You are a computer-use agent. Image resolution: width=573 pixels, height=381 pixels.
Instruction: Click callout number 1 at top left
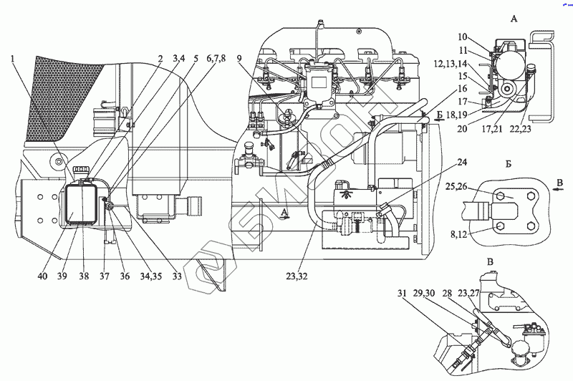coord(14,59)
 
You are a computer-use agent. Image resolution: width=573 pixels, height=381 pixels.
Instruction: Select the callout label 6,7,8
coord(216,59)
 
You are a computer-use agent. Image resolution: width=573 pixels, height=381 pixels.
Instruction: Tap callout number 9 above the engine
coord(239,59)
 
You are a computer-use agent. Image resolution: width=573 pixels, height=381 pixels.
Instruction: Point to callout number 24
coord(462,161)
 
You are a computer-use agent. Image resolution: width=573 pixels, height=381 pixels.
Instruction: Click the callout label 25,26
coord(456,186)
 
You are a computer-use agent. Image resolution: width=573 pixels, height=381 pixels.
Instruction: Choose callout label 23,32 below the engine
coord(297,276)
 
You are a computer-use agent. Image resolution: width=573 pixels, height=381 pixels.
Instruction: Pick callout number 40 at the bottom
coord(42,276)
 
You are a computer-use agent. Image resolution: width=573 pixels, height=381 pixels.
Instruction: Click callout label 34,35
coord(150,276)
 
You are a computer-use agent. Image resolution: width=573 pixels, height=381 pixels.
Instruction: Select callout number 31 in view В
coord(403,294)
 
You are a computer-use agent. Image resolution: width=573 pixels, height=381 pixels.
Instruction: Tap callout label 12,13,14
coord(451,64)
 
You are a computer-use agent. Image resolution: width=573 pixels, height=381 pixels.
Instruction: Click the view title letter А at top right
coord(514,19)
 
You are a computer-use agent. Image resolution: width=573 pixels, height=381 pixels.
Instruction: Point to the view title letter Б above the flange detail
coord(509,164)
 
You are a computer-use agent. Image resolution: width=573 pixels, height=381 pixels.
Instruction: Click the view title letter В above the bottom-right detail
coord(491,261)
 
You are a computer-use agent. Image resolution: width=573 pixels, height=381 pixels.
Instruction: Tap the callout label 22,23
coord(521,129)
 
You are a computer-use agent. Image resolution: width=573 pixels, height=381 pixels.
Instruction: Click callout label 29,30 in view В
coord(424,294)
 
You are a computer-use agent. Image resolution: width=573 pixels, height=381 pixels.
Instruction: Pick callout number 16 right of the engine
coord(462,89)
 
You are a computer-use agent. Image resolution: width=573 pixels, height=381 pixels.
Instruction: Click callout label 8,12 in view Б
coord(458,234)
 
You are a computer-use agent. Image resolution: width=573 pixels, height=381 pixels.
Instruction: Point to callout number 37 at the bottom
coord(105,276)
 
